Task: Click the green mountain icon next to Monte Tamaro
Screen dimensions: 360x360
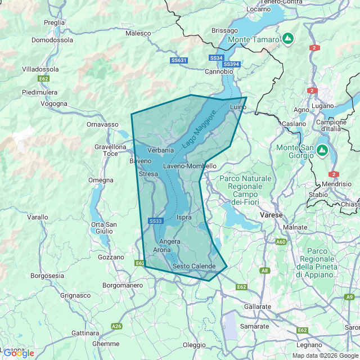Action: coord(288,39)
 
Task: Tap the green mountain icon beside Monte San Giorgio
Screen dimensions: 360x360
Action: coord(322,150)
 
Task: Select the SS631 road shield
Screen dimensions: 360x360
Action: coord(178,60)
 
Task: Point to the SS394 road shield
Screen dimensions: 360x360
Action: coord(232,65)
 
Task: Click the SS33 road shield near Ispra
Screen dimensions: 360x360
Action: coord(156,221)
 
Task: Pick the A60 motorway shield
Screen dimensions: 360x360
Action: coord(281,242)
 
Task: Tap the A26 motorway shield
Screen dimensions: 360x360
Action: coord(116,326)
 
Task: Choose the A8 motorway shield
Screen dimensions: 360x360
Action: coord(264,271)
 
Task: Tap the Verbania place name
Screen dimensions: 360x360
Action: coord(160,150)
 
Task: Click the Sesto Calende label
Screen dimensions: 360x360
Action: coord(194,266)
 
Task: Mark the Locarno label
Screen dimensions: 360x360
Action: coord(258,9)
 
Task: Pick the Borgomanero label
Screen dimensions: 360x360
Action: coord(123,285)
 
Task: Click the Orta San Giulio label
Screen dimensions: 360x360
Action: coord(104,228)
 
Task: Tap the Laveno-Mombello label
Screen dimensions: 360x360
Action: coord(190,166)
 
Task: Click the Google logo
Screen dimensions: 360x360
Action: coord(18,353)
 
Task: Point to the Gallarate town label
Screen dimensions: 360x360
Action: coord(258,307)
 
